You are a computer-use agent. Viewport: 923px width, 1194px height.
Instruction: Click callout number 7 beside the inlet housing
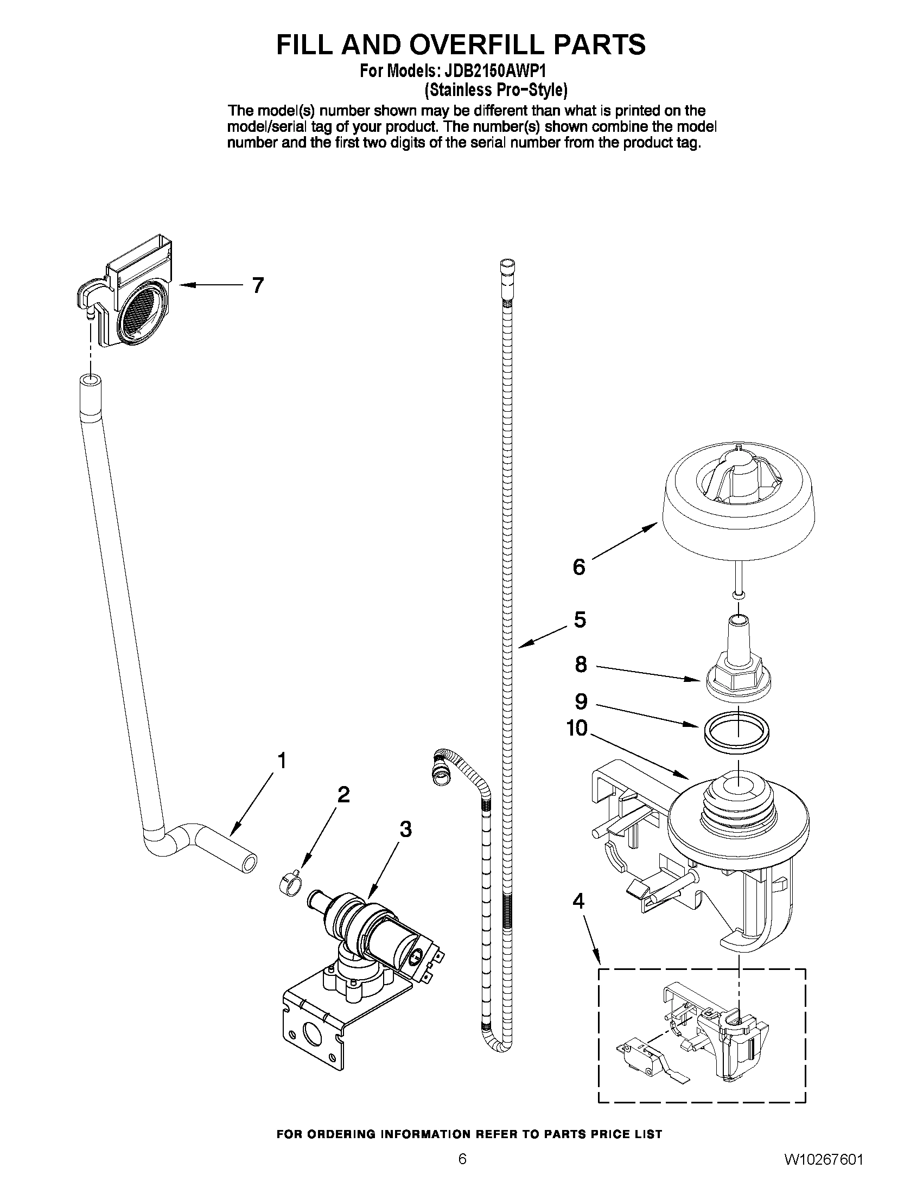[x=258, y=285]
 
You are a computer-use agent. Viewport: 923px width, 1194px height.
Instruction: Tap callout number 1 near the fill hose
[x=282, y=761]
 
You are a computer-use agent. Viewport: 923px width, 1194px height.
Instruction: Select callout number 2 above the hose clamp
[x=343, y=794]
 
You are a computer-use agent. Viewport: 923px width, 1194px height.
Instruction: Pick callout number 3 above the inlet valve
[x=405, y=829]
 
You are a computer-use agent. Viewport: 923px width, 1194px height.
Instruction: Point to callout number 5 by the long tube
[x=580, y=620]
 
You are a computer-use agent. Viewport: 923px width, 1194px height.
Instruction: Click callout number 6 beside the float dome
[x=579, y=567]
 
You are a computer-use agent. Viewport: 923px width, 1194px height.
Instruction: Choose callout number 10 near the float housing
[x=577, y=727]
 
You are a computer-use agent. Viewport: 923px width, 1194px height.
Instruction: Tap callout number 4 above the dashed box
[x=578, y=901]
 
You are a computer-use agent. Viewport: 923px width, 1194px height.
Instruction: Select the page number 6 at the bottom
[x=463, y=1172]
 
